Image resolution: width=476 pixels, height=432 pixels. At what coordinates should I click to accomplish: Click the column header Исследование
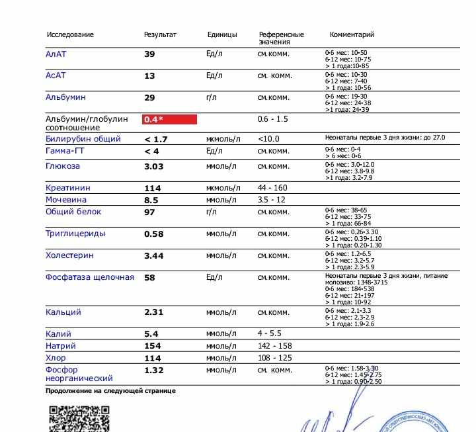69,34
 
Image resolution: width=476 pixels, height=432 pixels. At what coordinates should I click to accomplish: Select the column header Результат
160,34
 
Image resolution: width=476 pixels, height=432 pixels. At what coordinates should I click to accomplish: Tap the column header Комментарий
352,34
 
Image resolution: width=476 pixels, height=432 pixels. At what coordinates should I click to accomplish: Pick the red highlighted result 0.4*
170,120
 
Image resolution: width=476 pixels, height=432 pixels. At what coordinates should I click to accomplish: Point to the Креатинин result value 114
152,189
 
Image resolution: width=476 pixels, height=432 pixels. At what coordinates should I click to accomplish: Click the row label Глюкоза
62,166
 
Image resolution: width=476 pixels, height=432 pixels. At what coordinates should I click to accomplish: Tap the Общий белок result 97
149,212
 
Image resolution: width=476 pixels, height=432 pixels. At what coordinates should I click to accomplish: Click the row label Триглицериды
75,234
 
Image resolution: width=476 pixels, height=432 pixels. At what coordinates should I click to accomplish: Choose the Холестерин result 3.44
154,255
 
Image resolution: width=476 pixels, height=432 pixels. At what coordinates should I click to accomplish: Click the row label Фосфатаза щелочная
90,277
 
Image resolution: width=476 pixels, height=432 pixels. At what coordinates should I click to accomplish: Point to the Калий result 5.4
151,335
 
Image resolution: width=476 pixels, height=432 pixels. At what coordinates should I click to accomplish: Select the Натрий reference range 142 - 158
273,346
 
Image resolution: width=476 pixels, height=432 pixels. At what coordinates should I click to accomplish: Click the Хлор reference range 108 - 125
273,358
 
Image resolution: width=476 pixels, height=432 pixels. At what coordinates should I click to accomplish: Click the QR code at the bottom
79,418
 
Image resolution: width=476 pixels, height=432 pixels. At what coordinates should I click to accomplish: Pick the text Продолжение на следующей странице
110,391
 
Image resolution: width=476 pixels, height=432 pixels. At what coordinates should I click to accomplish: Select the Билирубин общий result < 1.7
156,140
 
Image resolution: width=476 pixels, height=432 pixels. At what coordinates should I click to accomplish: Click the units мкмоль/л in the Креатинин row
221,188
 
